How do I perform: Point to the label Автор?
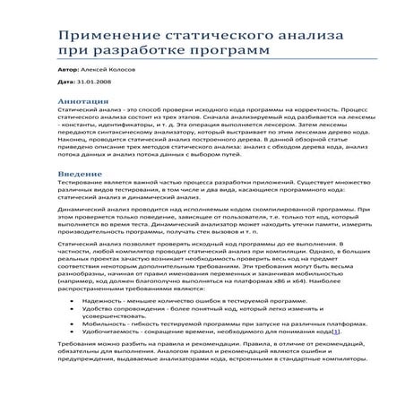66,69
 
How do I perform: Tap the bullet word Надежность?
101,302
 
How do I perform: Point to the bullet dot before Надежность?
71,302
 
